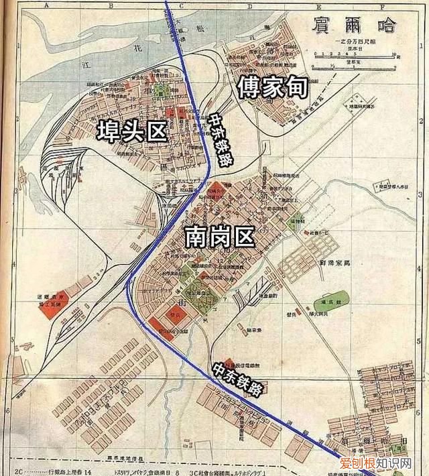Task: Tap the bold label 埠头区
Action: [131, 130]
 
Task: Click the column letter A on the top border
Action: [48, 5]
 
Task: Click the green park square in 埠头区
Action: [161, 93]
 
